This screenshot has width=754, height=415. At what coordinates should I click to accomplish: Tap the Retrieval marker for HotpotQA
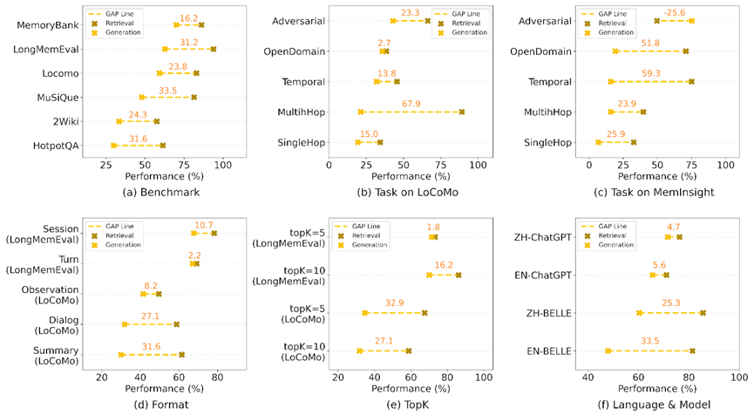tap(163, 146)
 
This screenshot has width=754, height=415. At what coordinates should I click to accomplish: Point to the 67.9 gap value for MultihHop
tap(411, 104)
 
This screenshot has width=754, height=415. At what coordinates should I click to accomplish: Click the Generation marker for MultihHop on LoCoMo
tap(361, 112)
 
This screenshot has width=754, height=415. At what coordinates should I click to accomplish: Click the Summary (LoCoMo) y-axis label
tap(54, 356)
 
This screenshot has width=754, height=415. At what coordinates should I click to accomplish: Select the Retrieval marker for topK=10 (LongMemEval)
tap(459, 275)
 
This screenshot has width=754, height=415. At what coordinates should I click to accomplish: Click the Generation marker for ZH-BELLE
tap(639, 312)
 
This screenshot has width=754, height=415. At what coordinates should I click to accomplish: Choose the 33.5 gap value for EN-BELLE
tap(650, 343)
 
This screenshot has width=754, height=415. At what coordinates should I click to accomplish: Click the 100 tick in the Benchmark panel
tap(224, 163)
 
